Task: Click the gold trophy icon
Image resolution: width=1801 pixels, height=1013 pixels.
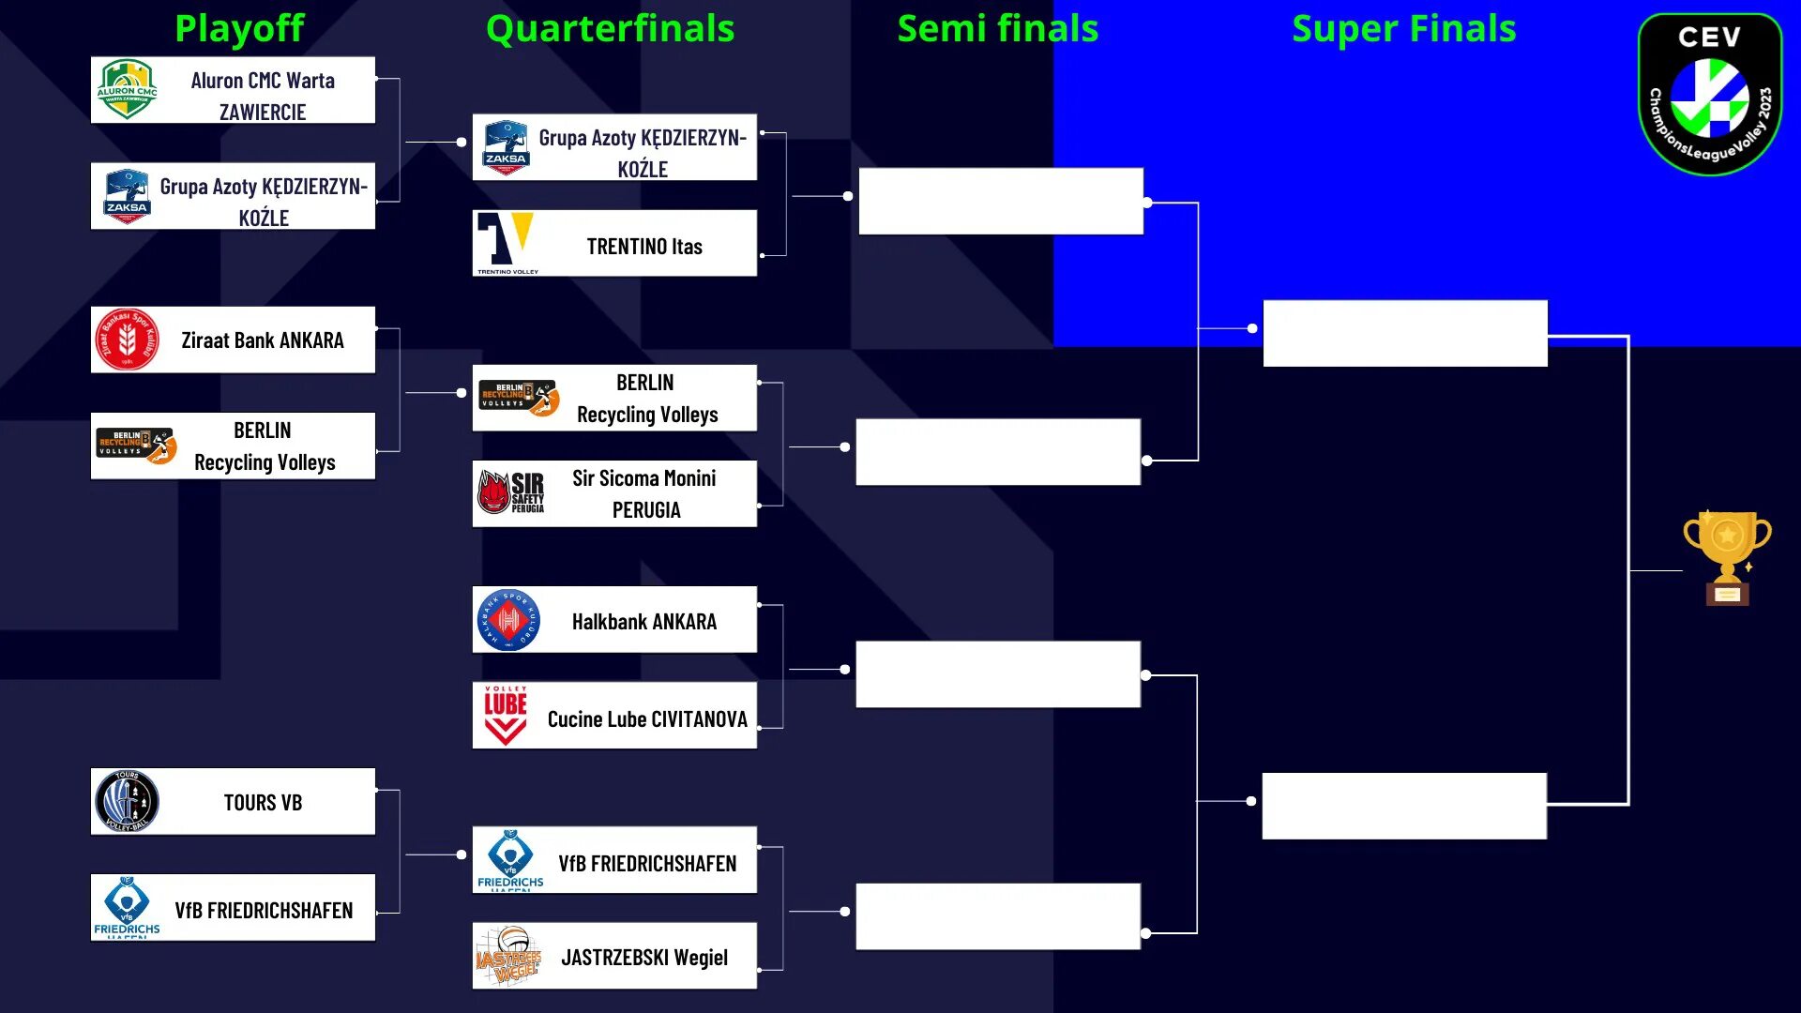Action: coord(1727,557)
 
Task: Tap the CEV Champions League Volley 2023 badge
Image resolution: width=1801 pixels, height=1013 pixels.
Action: coord(1709,94)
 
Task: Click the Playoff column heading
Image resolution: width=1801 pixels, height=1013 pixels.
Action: coord(239,28)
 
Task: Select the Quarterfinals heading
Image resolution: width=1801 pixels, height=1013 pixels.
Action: coord(610,28)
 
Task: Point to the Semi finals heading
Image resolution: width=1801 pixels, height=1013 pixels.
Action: coord(997,28)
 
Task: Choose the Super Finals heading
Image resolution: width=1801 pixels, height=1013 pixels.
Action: coord(1403,28)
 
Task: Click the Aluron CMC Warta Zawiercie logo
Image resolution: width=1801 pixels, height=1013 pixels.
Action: coord(127,90)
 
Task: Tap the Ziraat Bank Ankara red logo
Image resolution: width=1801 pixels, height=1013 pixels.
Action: coord(127,340)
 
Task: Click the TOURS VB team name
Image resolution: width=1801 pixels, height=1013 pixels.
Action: coord(263,803)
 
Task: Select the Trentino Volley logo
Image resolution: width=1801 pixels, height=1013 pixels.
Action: coord(507,242)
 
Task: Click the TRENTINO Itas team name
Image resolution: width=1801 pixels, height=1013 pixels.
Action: coord(644,247)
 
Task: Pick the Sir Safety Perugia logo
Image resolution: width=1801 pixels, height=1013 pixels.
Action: coord(511,492)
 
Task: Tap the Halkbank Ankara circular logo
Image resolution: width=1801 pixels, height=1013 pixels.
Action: coord(507,620)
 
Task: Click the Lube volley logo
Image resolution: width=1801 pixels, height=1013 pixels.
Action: coord(505,715)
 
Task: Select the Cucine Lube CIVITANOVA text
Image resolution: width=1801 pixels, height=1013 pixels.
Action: coord(647,719)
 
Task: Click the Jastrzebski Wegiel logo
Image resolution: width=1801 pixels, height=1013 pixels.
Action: coord(508,957)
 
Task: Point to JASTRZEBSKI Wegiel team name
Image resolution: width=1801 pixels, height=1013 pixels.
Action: coord(644,958)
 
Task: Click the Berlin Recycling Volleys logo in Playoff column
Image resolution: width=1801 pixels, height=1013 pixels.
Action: coord(136,445)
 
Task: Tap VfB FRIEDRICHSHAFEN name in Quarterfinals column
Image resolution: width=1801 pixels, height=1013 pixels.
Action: coord(647,864)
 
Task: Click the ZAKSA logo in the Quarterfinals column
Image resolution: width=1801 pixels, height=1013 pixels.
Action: coord(506,147)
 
